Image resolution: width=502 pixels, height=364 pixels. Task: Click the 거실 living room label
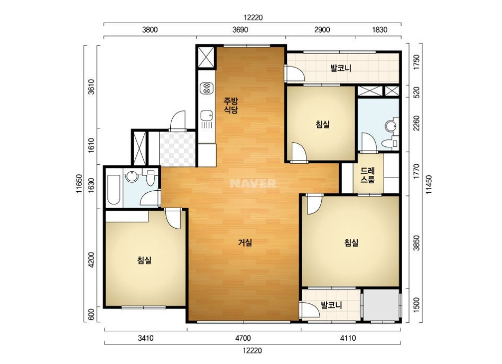pyautogui.click(x=245, y=242)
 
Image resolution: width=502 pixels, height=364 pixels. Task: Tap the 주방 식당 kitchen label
pyautogui.click(x=231, y=106)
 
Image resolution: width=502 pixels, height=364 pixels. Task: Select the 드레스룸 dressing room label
pyautogui.click(x=367, y=175)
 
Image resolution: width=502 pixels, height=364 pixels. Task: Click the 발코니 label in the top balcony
pyautogui.click(x=341, y=68)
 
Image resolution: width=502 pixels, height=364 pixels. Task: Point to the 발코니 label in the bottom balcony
pyautogui.click(x=332, y=305)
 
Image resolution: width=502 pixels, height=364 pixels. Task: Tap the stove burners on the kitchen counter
pyautogui.click(x=207, y=88)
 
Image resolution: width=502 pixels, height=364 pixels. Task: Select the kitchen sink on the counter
pyautogui.click(x=207, y=115)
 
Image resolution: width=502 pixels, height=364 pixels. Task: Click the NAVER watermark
pyautogui.click(x=253, y=183)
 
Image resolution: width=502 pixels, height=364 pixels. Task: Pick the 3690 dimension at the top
pyautogui.click(x=240, y=30)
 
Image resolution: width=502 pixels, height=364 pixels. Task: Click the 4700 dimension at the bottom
pyautogui.click(x=243, y=338)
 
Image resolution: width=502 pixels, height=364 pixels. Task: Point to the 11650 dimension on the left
pyautogui.click(x=79, y=184)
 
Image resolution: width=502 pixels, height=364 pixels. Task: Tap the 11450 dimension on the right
pyautogui.click(x=429, y=184)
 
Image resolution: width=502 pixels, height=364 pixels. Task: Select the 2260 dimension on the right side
pyautogui.click(x=416, y=123)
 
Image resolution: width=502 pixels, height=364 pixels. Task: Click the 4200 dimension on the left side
pyautogui.click(x=91, y=260)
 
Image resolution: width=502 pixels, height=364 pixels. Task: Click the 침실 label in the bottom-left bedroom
pyautogui.click(x=144, y=260)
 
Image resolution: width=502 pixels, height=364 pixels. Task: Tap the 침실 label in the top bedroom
pyautogui.click(x=323, y=124)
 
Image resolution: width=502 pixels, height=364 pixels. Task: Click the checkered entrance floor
pyautogui.click(x=178, y=149)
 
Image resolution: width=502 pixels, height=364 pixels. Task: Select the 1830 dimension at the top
pyautogui.click(x=380, y=30)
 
